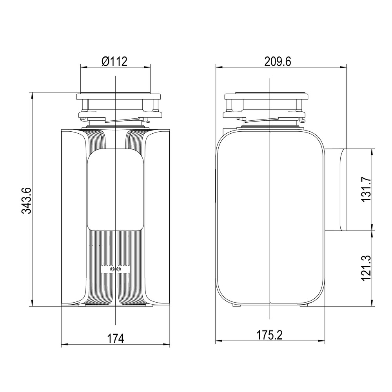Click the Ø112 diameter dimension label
tap(114, 61)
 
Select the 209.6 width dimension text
tap(278, 62)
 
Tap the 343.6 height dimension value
tap(26, 200)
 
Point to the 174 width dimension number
tap(116, 339)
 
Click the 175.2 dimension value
tap(270, 335)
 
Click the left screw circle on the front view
tap(112, 269)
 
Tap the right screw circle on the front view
tap(118, 269)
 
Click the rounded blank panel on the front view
tap(115, 189)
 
